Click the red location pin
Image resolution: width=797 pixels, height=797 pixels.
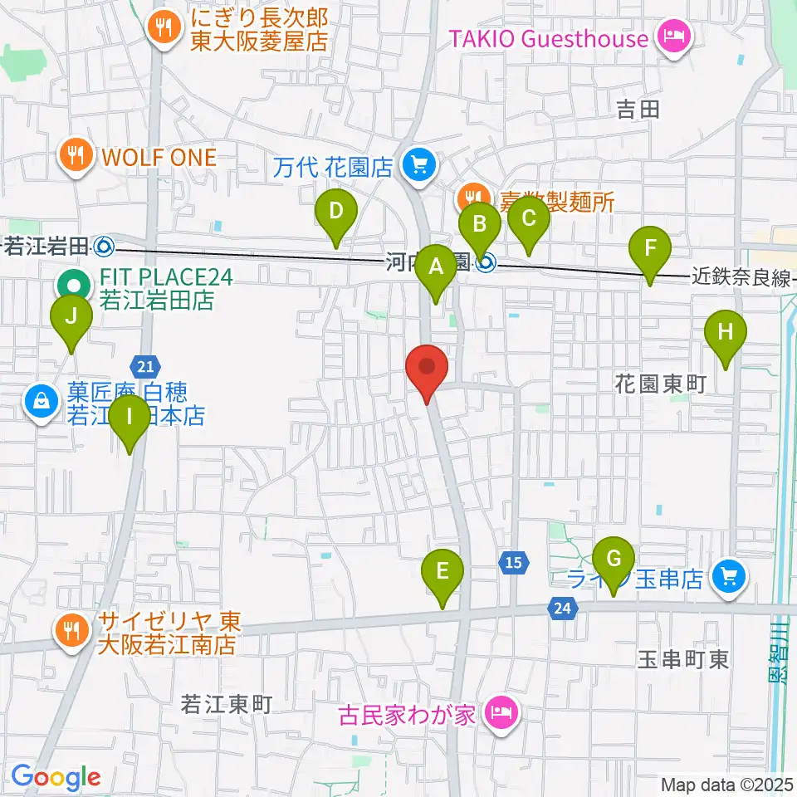point(427,370)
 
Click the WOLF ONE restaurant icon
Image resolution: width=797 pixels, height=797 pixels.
point(76,157)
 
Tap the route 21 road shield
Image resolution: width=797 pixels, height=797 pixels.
point(144,365)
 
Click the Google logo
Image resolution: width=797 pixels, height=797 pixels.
point(56,777)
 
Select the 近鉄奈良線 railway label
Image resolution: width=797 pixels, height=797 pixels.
point(741,279)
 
